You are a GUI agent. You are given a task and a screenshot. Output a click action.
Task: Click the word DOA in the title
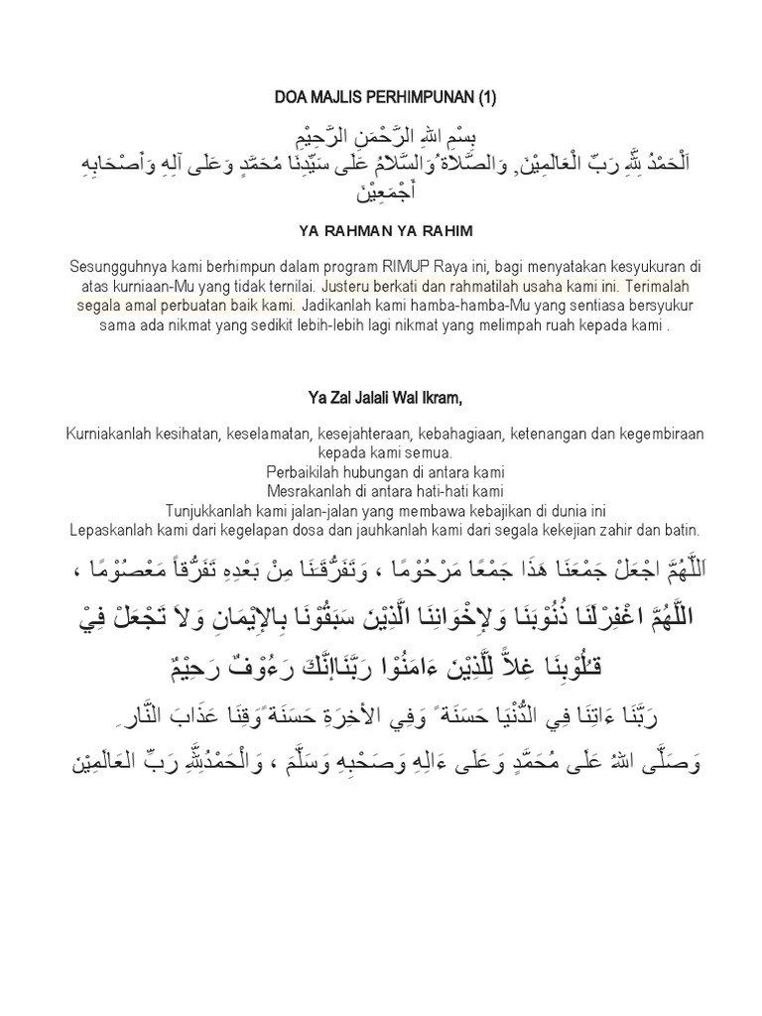[x=289, y=97]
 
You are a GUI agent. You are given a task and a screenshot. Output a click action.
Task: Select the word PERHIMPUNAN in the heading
[x=417, y=97]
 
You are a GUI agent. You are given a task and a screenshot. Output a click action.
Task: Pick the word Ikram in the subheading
[x=441, y=399]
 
